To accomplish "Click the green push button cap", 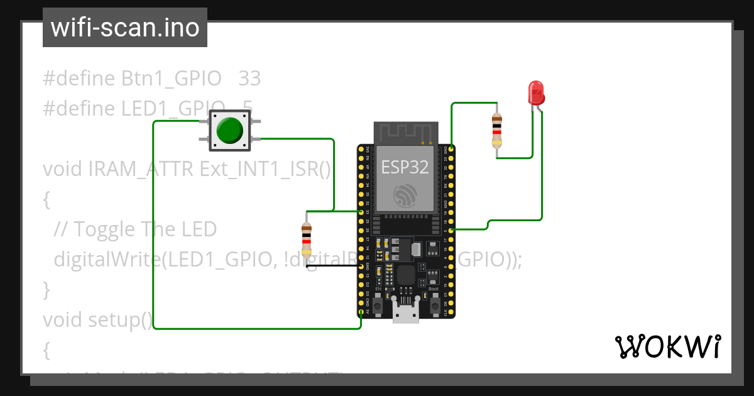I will pos(229,130).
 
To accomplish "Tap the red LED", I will pos(536,93).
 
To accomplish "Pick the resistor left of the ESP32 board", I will pos(306,239).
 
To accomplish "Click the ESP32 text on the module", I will pos(405,167).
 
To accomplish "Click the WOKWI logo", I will pos(667,346).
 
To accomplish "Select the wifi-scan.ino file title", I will pos(125,28).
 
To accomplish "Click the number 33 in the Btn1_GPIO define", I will pos(249,79).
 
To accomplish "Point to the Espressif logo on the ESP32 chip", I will pos(405,195).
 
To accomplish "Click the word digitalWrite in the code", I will pos(107,259).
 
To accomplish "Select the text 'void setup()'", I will pos(97,319).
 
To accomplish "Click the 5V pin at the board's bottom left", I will pos(361,312).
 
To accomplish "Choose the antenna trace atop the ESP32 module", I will pos(405,133).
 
